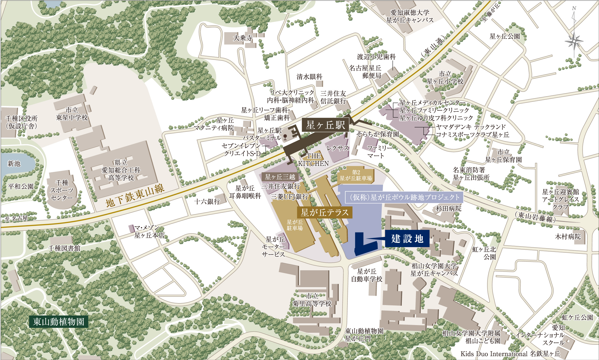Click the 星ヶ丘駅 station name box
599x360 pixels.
(325, 125)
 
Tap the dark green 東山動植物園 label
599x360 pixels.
(59, 322)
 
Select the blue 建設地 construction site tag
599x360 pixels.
(407, 239)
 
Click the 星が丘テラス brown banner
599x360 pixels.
(324, 212)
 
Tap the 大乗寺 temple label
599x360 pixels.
(243, 38)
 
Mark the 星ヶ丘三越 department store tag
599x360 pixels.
(280, 177)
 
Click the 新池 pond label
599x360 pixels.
(14, 164)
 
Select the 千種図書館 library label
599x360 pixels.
(64, 248)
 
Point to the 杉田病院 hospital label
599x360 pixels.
(449, 208)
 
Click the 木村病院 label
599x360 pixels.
(568, 237)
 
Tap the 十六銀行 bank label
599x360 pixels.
(207, 201)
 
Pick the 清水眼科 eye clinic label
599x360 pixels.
(309, 77)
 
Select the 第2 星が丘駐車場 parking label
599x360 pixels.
(356, 175)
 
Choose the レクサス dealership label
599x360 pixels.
(337, 148)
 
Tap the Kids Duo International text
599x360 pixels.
(494, 354)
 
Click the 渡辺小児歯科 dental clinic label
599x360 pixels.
(376, 57)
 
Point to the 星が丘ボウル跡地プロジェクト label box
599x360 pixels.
(404, 197)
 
